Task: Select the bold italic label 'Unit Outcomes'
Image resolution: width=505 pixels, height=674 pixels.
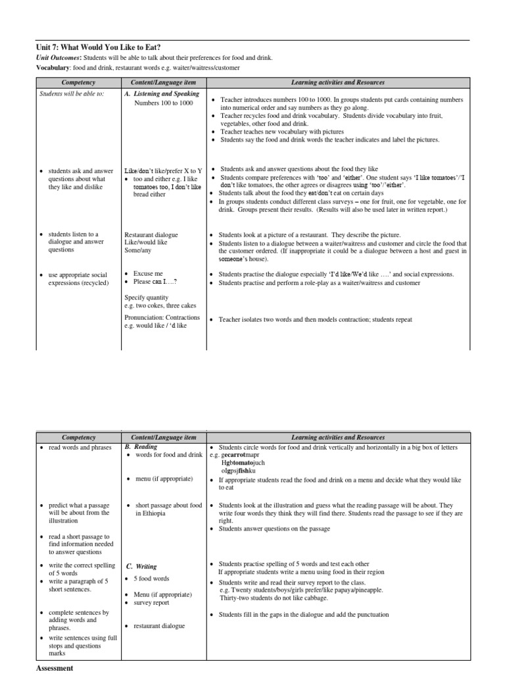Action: [56, 58]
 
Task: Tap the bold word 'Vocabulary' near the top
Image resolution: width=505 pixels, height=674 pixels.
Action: [53, 68]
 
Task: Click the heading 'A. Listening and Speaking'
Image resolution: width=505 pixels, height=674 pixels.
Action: [162, 94]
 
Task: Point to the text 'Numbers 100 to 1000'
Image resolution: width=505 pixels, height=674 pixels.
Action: [164, 103]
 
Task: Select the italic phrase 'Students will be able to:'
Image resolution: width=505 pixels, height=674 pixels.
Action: [66, 94]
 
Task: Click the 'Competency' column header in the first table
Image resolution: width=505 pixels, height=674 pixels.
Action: [78, 82]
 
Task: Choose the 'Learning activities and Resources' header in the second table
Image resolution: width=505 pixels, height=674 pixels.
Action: [338, 437]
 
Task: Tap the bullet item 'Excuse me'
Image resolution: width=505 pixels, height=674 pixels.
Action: [148, 273]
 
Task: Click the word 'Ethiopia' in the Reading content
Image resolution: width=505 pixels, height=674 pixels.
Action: [151, 513]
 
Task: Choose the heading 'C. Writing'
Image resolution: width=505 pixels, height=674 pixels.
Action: [141, 566]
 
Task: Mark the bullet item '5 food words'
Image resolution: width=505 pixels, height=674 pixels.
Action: [151, 579]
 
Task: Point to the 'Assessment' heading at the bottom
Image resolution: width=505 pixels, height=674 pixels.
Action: [54, 668]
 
